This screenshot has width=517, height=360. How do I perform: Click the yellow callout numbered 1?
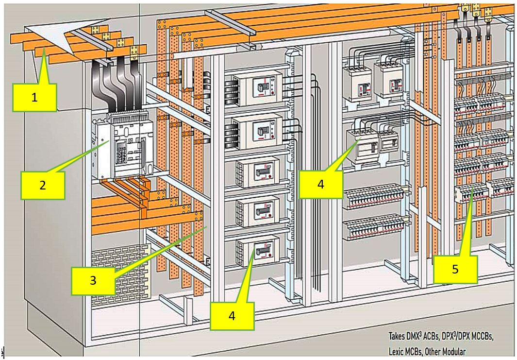tap(34, 97)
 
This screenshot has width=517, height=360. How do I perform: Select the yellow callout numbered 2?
tap(43, 185)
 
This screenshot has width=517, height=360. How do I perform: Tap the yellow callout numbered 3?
tap(93, 280)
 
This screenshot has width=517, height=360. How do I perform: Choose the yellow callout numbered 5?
tap(455, 269)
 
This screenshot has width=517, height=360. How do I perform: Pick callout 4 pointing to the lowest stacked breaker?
tap(232, 316)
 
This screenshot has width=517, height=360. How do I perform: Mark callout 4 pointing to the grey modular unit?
tap(321, 185)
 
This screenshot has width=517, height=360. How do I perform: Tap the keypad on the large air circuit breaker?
tap(121, 154)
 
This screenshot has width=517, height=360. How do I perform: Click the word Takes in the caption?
tap(397, 336)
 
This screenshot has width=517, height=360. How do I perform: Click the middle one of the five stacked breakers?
tap(258, 172)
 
